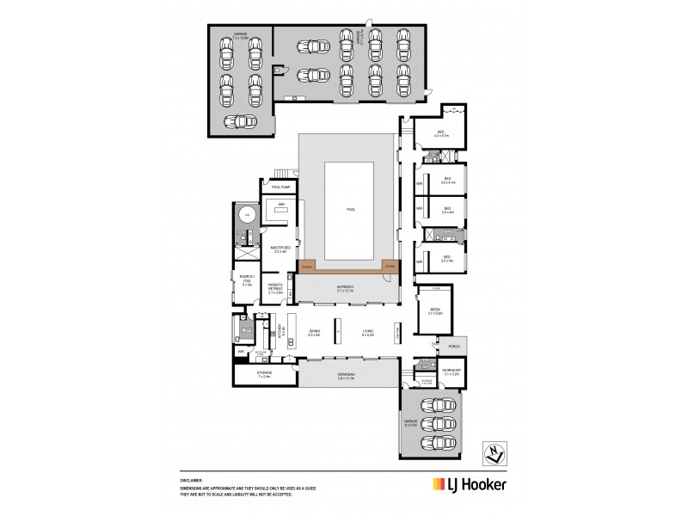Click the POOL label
pyautogui.click(x=350, y=209)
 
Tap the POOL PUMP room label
pyautogui.click(x=280, y=187)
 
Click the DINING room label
pyautogui.click(x=313, y=332)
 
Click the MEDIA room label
pyautogui.click(x=433, y=311)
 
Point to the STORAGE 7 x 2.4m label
pyautogui.click(x=264, y=375)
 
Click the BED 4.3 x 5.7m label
pyautogui.click(x=441, y=134)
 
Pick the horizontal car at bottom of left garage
pyautogui.click(x=242, y=120)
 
